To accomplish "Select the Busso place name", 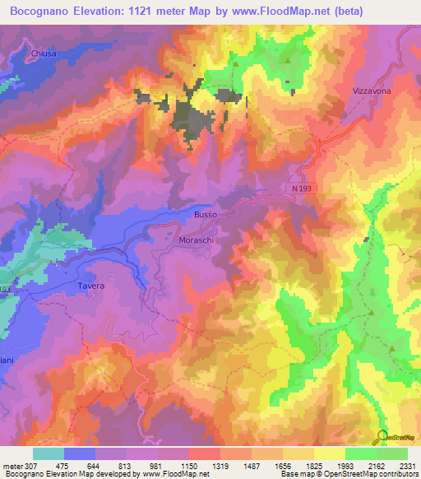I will coord(206,215).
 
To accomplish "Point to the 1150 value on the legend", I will coord(188,465).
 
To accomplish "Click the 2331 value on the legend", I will coord(406,465).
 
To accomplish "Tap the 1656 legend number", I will coord(282,465).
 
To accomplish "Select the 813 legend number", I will coord(126,465).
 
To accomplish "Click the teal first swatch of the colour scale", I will coord(49,453).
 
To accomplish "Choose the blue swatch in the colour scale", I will coord(80,453).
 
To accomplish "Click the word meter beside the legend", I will coord(12,465).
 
